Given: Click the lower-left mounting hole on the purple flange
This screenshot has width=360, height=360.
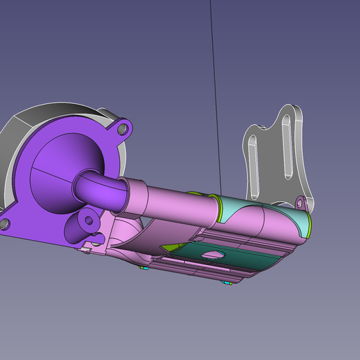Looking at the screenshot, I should [x=4, y=223].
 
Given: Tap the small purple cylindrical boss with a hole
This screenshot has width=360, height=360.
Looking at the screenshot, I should [x=89, y=220].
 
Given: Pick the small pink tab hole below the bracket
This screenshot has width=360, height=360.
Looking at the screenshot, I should [x=301, y=203].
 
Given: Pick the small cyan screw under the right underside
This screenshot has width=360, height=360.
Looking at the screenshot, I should [x=228, y=283].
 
